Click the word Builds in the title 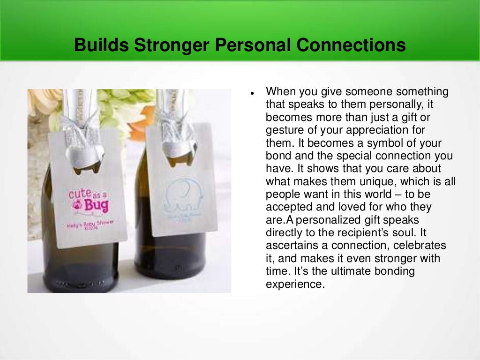pyautogui.click(x=101, y=45)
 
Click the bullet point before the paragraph pyautogui.click(x=252, y=92)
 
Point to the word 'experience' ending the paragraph pyautogui.click(x=295, y=284)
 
